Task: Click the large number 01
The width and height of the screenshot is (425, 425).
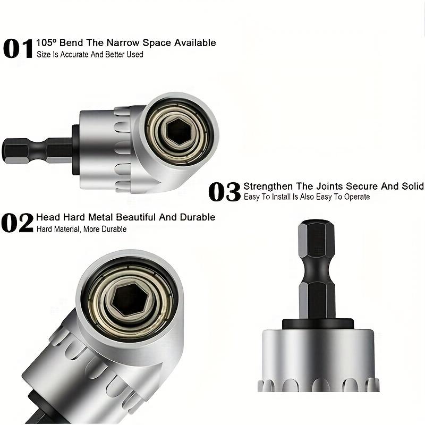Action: [x=18, y=48]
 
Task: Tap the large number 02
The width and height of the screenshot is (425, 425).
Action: [x=17, y=223]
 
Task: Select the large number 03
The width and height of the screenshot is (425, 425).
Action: [x=224, y=192]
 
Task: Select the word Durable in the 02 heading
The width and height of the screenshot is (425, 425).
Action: [x=198, y=217]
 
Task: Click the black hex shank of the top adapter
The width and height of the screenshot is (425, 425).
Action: [x=37, y=151]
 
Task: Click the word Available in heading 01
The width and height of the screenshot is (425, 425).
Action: [x=195, y=43]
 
